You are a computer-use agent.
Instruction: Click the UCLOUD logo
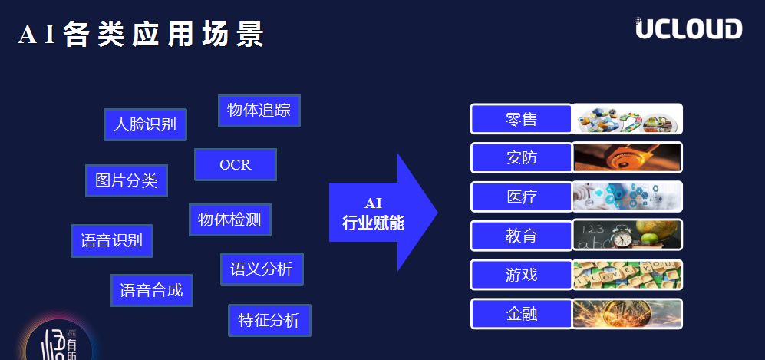coord(688,28)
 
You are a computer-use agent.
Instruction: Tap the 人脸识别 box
coord(145,124)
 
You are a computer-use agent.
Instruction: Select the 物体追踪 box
coord(259,111)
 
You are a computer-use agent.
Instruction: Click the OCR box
coord(235,165)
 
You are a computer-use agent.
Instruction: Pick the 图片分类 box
coord(126,180)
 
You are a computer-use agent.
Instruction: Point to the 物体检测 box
coord(229,220)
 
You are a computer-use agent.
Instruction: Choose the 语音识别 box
coord(111,240)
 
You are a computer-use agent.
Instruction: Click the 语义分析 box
coord(261,269)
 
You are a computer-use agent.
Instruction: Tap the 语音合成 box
coord(151,291)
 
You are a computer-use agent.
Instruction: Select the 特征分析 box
coord(269,320)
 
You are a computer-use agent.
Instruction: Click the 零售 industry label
coord(521,119)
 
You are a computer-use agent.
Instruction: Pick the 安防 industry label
coord(521,158)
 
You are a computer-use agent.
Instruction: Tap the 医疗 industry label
coord(521,197)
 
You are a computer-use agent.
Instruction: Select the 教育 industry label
coord(521,236)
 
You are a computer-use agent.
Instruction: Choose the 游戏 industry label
coord(521,275)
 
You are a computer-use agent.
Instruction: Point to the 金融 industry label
coord(521,314)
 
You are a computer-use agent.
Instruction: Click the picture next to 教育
coord(628,236)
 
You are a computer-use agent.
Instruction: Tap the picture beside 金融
coord(628,314)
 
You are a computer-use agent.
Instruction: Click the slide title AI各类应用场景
coord(141,35)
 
